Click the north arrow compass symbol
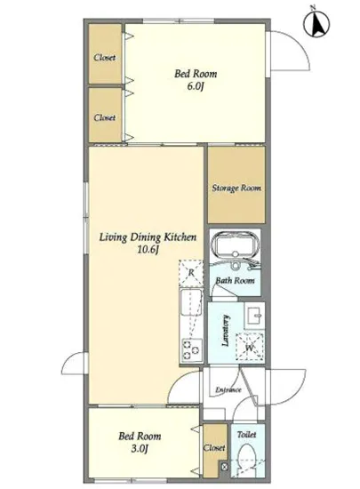coord(316,23)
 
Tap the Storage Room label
coord(236,188)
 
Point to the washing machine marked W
coord(250,347)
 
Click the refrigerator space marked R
coord(191,273)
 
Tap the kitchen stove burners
coord(191,350)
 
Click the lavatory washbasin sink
coord(254,316)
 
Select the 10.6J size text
coord(148,250)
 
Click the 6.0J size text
coord(196,86)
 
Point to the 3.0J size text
coord(139,449)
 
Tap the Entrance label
coord(228,389)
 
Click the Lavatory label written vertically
coord(226,331)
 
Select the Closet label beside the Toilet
coord(214,448)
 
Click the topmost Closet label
coord(105,58)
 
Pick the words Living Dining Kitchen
coord(148,237)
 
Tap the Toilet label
coord(246,435)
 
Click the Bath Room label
coord(236,280)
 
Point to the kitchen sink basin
coord(191,301)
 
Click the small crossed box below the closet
coord(225,467)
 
